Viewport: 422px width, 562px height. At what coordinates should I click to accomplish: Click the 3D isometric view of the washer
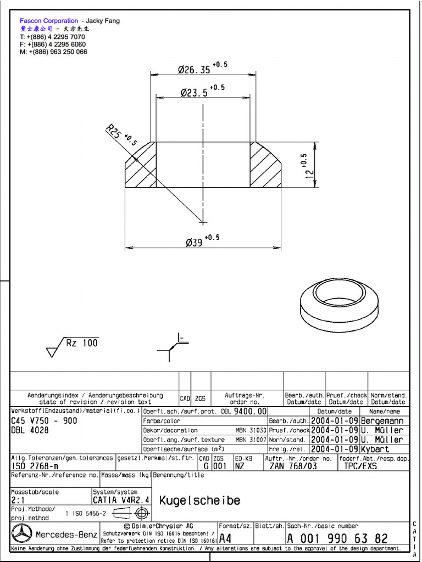(x=339, y=307)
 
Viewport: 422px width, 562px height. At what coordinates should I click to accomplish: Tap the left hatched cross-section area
(x=141, y=167)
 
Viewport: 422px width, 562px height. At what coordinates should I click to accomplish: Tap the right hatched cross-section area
(x=266, y=167)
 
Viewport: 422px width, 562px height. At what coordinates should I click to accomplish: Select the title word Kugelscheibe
(x=199, y=501)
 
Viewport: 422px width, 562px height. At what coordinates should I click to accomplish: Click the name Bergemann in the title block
(x=382, y=420)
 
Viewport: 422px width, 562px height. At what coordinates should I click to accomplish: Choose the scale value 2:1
(x=18, y=501)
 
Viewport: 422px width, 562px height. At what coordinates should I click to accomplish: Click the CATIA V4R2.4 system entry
(x=120, y=501)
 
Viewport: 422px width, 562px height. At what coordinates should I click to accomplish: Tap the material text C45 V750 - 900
(x=44, y=421)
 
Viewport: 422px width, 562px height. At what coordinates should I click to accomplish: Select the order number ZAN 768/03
(x=293, y=466)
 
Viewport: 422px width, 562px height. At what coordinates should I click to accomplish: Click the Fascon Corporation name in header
(x=49, y=21)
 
